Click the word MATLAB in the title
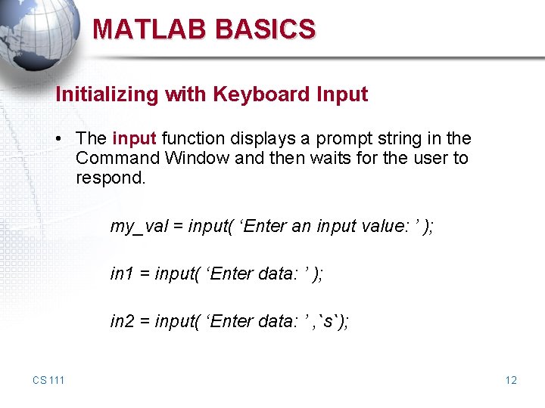tap(150, 29)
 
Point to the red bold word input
tap(134, 139)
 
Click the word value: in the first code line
tap(383, 226)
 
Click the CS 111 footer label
tap(48, 379)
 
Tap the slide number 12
tap(511, 379)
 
